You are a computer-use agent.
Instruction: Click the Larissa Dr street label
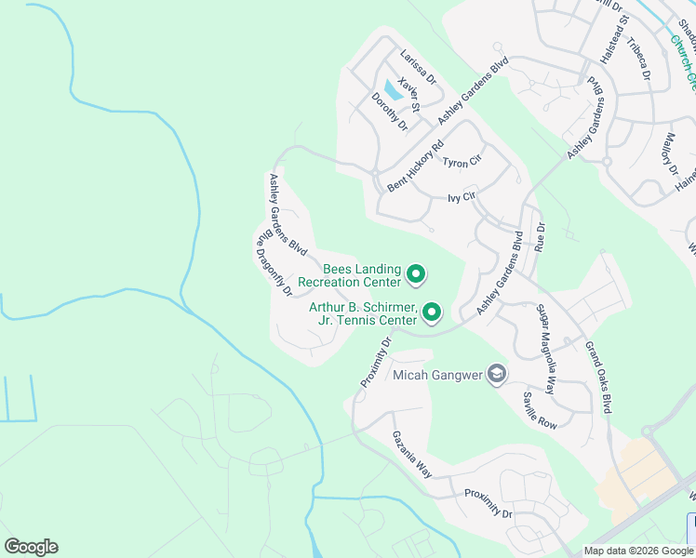tap(418, 67)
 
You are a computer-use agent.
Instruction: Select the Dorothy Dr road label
tap(389, 111)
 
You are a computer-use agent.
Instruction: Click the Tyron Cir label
tap(462, 163)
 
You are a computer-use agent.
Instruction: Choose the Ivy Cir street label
tap(462, 197)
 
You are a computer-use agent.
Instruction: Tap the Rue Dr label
tap(539, 236)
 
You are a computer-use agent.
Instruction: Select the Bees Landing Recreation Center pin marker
tap(417, 275)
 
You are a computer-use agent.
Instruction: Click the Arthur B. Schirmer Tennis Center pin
tap(432, 312)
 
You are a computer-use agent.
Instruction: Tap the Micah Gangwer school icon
tap(498, 374)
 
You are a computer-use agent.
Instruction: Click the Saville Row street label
tap(539, 410)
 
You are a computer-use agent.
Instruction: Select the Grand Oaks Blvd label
tap(598, 377)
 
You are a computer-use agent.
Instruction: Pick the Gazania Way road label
tap(411, 454)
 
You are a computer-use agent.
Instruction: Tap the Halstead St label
tap(614, 38)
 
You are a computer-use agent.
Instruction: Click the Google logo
tap(31, 547)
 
